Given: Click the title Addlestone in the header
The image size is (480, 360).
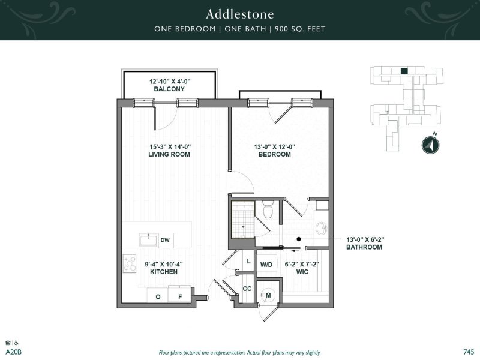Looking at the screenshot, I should pyautogui.click(x=240, y=13).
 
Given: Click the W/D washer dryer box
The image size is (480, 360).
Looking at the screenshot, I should pyautogui.click(x=266, y=265).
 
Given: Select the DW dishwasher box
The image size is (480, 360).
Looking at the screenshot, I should pyautogui.click(x=165, y=240).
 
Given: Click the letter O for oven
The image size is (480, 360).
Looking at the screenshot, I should pyautogui.click(x=158, y=296).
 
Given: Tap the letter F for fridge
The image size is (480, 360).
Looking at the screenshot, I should pyautogui.click(x=178, y=296).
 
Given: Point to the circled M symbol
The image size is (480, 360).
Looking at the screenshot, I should pyautogui.click(x=268, y=294).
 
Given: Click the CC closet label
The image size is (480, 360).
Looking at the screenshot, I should pyautogui.click(x=247, y=289).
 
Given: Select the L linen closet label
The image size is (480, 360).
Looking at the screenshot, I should pyautogui.click(x=248, y=260).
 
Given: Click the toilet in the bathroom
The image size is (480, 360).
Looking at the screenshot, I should pyautogui.click(x=268, y=211).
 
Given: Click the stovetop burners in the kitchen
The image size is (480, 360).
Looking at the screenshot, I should pyautogui.click(x=130, y=262).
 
